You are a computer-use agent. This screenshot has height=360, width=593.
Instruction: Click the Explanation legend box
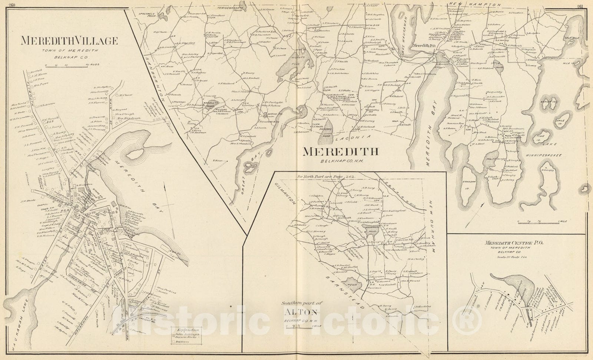(x=186, y=336)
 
